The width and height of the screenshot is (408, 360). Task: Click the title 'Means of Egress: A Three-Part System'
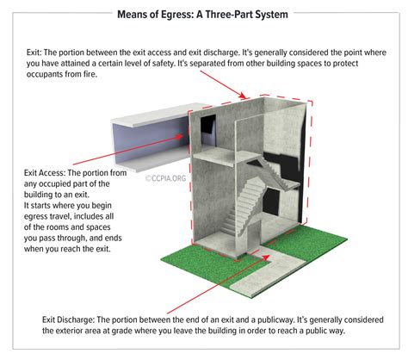[203, 12]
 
